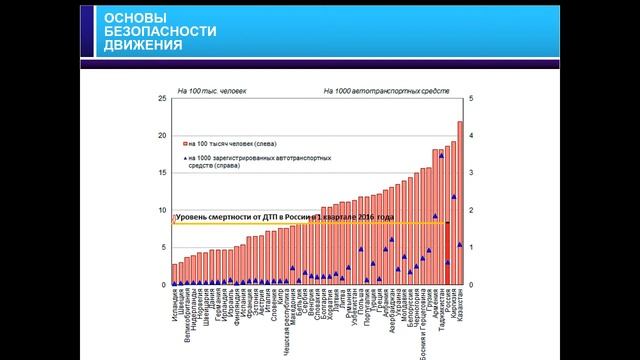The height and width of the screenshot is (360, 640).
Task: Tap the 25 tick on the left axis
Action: (x=162, y=98)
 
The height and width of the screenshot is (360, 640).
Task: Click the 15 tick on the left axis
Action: (x=162, y=173)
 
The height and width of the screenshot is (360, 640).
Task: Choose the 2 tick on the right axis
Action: (x=472, y=210)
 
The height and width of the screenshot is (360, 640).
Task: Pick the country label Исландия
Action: (x=175, y=304)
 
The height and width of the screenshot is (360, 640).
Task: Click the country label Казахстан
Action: (x=460, y=306)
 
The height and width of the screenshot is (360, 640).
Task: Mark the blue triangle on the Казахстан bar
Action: (x=460, y=244)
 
